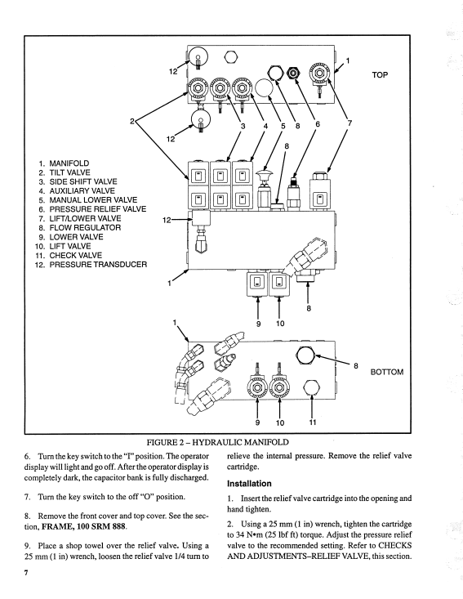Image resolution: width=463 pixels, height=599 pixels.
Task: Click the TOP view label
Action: [x=380, y=75]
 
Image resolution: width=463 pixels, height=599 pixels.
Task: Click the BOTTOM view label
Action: [x=387, y=372]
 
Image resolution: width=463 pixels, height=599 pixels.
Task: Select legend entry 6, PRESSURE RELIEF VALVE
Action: [x=92, y=209]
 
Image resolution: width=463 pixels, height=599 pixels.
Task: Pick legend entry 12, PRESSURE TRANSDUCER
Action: [x=91, y=264]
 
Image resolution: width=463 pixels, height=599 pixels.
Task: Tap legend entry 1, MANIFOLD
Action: [x=64, y=163]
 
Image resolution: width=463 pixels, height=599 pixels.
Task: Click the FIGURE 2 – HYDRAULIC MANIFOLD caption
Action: [x=217, y=442]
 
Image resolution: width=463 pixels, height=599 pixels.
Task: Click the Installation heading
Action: [x=249, y=484]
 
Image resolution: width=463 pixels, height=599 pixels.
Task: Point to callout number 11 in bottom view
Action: [x=313, y=422]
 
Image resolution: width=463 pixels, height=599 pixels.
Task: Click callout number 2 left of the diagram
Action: [x=132, y=121]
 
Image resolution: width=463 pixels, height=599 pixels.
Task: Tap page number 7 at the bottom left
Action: [x=26, y=573]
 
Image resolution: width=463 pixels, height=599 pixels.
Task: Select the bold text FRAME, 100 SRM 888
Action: [x=83, y=526]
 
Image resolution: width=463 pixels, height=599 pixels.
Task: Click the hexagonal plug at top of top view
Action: [x=230, y=57]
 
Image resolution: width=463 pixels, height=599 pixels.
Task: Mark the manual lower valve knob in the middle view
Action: [x=263, y=177]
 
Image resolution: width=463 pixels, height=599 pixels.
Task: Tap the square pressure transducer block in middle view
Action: [x=201, y=218]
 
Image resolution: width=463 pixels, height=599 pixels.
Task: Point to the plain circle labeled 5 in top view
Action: [x=264, y=88]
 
